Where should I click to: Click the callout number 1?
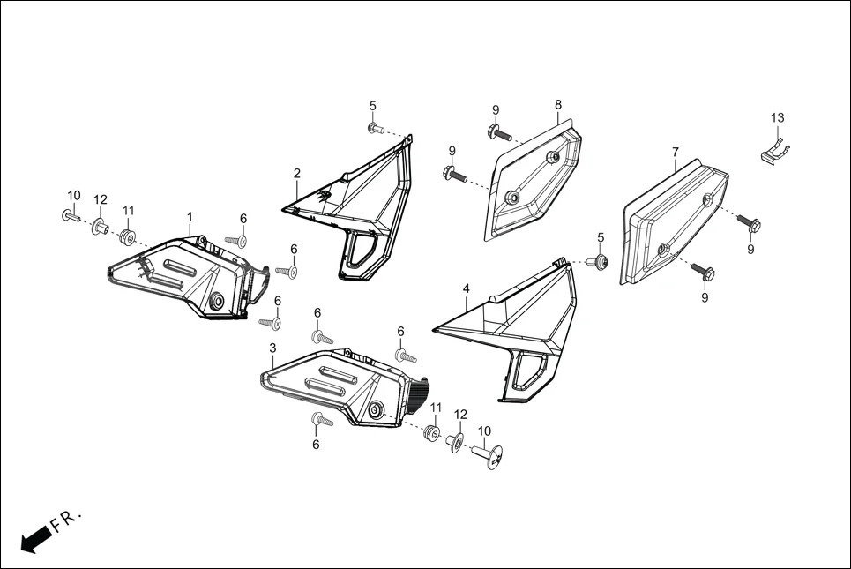click(x=189, y=216)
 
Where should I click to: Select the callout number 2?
click(x=297, y=173)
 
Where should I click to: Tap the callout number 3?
click(x=272, y=349)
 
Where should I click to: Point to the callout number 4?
click(x=466, y=288)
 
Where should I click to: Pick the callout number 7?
click(x=676, y=153)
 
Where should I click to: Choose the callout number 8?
click(x=558, y=105)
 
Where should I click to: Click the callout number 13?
click(x=777, y=118)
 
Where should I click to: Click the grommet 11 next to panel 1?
click(x=128, y=236)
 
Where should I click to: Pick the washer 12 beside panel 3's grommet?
click(x=457, y=440)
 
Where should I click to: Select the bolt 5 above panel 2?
click(x=375, y=129)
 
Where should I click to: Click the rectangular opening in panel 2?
click(x=361, y=251)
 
